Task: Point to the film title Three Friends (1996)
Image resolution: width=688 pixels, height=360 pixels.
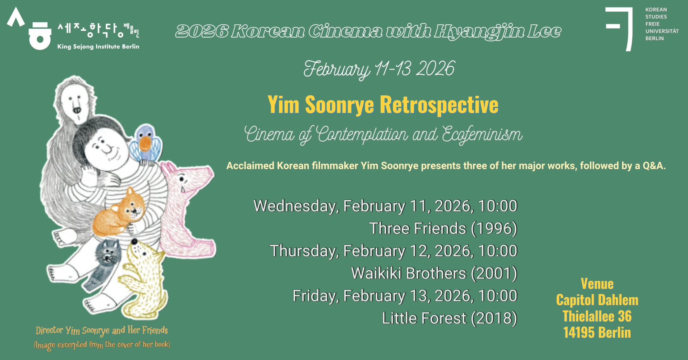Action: [x=443, y=229]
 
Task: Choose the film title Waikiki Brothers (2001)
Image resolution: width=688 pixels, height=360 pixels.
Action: [x=434, y=273]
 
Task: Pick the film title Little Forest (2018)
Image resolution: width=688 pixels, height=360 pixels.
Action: [x=450, y=318]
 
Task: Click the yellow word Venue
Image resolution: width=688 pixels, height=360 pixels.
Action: [x=597, y=284]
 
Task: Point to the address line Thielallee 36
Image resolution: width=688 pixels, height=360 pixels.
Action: [x=597, y=316]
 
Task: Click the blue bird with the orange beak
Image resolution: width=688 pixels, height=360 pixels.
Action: [x=146, y=142]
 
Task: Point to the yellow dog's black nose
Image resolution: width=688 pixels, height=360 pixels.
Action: [x=135, y=242]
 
